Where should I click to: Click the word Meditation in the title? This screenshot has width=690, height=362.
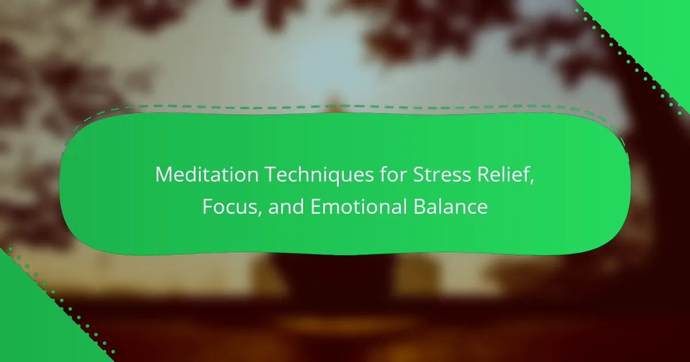206,175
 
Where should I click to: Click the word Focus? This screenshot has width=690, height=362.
230,206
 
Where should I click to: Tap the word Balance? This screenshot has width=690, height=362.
450,206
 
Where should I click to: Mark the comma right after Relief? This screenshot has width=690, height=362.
532,182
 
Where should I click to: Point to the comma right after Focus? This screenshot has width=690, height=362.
259,214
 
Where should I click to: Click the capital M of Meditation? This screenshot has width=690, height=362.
163,175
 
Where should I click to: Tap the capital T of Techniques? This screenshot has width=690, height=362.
270,175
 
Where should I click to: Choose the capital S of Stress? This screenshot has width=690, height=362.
419,175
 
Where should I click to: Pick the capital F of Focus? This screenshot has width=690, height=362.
208,206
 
